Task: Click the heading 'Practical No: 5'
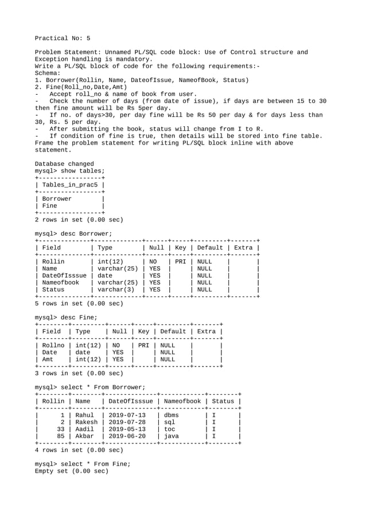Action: tap(63, 38)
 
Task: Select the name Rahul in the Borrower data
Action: tap(85, 415)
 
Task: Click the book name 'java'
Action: tap(171, 436)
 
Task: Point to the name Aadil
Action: tap(85, 429)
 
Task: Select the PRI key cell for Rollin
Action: tap(180, 262)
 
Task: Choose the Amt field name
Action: tap(48, 360)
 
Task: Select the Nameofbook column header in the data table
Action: tap(182, 401)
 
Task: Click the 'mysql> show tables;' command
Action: tap(70, 171)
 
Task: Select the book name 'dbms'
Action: tap(171, 415)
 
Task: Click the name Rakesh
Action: tap(87, 422)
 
